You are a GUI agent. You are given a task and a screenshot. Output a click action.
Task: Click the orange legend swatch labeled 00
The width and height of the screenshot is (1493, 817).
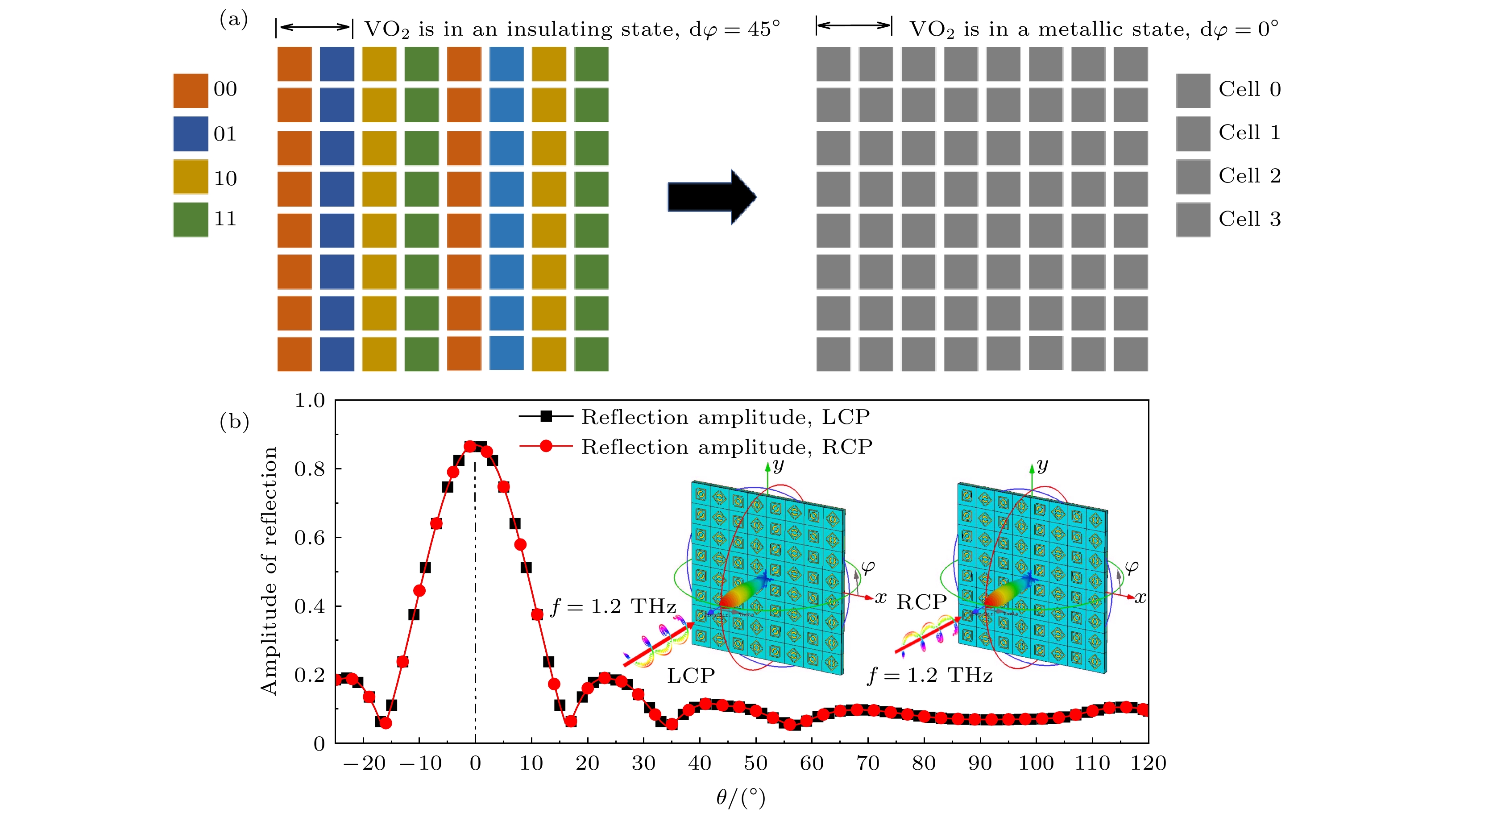[190, 91]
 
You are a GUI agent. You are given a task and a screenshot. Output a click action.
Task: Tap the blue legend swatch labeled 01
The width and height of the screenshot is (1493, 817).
[190, 134]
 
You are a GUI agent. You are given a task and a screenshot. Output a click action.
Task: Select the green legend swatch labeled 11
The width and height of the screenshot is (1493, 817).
[190, 220]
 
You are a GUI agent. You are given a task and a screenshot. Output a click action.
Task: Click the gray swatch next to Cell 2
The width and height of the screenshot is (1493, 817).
[1193, 177]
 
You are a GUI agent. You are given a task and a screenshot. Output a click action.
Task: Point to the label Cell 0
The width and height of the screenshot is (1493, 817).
[1249, 89]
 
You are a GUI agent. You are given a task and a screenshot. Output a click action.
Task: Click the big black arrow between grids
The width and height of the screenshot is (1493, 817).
[712, 197]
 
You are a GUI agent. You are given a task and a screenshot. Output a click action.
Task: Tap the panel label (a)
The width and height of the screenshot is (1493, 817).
[233, 20]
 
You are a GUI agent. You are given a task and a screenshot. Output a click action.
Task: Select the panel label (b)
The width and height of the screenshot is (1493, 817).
[234, 421]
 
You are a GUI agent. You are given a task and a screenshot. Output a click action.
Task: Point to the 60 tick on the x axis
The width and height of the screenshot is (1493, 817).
[811, 763]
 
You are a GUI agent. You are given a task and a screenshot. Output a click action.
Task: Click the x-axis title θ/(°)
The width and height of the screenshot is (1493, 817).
[740, 798]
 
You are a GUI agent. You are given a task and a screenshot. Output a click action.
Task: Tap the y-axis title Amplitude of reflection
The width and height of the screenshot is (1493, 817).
[269, 571]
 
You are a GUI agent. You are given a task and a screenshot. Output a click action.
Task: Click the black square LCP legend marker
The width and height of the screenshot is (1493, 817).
[545, 416]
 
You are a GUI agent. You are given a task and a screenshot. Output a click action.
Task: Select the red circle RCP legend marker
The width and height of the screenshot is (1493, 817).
[545, 446]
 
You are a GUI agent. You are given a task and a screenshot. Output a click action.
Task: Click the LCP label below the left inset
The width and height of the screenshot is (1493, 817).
[690, 676]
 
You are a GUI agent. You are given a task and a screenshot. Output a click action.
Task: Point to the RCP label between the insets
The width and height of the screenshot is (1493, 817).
[921, 603]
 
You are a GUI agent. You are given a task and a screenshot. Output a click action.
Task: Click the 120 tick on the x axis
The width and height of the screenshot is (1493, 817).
[1148, 763]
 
